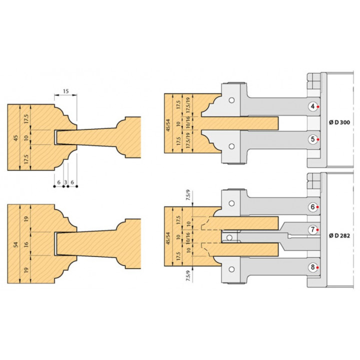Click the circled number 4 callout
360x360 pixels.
(312, 106)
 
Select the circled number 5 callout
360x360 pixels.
(312, 139)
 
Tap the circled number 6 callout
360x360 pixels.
(312, 207)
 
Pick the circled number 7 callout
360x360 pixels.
(312, 229)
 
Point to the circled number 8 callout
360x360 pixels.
(312, 267)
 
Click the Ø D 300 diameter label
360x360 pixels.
(339, 122)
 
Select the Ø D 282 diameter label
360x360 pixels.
(339, 236)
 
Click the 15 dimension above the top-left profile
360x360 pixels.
(65, 91)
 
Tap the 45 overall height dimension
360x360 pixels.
(16, 138)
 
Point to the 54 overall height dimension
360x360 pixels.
(16, 244)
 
